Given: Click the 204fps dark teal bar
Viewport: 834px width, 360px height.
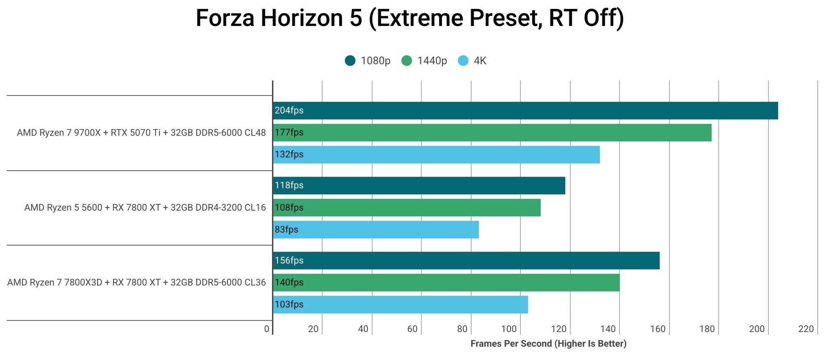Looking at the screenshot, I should [x=525, y=110].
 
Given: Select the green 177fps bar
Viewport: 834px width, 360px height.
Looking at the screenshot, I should [x=492, y=132].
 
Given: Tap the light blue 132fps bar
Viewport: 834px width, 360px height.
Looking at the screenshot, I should [x=436, y=154].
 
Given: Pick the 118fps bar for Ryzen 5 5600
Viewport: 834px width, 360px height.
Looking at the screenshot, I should [x=419, y=185].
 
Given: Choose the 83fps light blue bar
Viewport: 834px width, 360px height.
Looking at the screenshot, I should [x=376, y=229].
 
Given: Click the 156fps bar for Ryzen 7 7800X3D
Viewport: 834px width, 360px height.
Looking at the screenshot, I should [x=466, y=260].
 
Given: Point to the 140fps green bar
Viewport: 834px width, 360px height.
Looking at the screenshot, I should [x=446, y=282].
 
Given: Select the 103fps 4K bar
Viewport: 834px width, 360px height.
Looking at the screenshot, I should [x=400, y=304].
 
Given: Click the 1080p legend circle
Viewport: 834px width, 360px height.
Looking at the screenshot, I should [x=350, y=61].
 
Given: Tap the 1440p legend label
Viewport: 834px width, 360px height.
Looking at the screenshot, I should [x=432, y=61].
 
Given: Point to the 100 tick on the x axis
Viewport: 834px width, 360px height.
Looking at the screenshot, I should [x=509, y=329].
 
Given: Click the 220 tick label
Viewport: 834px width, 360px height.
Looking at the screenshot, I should [x=806, y=329].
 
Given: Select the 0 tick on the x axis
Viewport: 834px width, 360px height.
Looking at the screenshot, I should [x=267, y=329].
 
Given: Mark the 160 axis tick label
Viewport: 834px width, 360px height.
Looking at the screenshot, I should [x=658, y=329].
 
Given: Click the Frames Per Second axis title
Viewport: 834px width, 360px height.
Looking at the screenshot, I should [x=548, y=343].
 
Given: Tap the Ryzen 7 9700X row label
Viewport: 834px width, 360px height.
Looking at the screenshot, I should [x=141, y=133].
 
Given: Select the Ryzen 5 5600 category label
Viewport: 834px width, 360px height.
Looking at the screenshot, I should [x=145, y=208].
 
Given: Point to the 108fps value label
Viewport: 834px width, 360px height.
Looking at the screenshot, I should [x=289, y=208].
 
